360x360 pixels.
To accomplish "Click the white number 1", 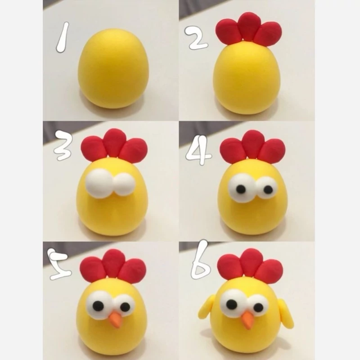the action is pyautogui.click(x=63, y=37).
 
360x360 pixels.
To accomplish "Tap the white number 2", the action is pyautogui.click(x=197, y=38).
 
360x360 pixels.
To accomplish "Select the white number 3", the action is pyautogui.click(x=63, y=145).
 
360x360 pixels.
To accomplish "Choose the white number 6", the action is pyautogui.click(x=201, y=260).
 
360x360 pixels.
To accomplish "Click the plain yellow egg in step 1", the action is pyautogui.click(x=113, y=68).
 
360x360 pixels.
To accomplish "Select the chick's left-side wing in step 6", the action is pyautogui.click(x=207, y=308).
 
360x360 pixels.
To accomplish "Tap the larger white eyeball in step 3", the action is pyautogui.click(x=100, y=183).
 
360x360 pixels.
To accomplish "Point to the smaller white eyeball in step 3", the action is pyautogui.click(x=125, y=184).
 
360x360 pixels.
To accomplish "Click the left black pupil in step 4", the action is pyautogui.click(x=241, y=189).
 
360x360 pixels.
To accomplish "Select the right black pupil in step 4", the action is pyautogui.click(x=268, y=189).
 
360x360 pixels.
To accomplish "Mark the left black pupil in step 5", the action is pyautogui.click(x=98, y=306).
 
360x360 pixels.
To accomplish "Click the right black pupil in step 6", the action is pyautogui.click(x=258, y=307).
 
